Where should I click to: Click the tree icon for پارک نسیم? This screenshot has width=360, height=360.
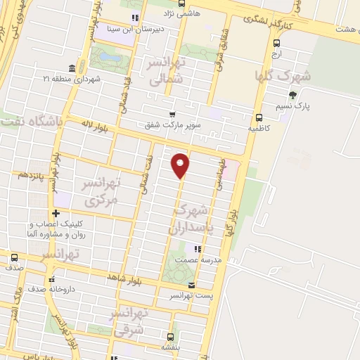pos(292,95)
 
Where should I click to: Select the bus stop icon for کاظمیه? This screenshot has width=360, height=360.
pos(259,118)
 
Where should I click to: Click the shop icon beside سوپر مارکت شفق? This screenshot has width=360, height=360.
pos(172,114)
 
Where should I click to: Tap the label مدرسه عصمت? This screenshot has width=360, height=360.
pos(202,259)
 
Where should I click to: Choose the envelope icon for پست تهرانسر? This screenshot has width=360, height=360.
pos(192,285)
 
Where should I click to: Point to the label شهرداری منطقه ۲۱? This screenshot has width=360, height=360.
pos(72,79)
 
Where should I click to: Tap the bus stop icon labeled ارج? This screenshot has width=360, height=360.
pos(276,43)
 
